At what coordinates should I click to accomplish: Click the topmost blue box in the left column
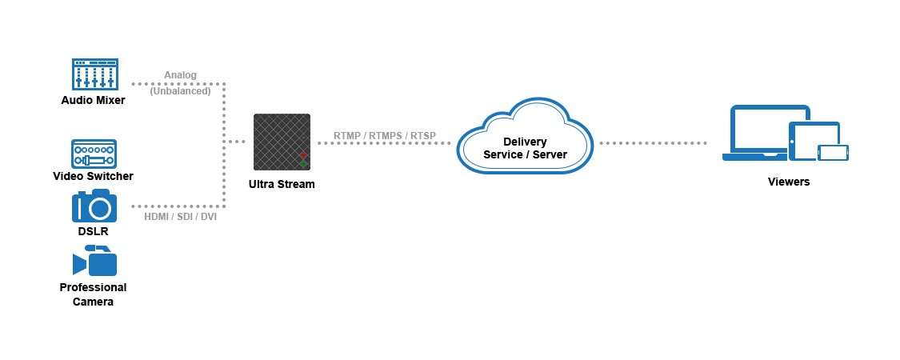(94, 74)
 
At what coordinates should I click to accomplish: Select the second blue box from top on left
(94, 154)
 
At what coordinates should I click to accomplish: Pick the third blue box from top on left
(94, 205)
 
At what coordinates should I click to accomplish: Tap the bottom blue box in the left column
(94, 260)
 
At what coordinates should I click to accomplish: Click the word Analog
(181, 75)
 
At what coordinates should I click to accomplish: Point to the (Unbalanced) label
(180, 91)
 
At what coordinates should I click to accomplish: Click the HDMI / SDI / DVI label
(180, 217)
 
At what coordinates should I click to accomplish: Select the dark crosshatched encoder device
(281, 141)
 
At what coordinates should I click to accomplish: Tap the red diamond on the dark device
(303, 154)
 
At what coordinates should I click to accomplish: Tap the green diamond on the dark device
(303, 164)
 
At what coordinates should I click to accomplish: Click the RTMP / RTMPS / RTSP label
(384, 135)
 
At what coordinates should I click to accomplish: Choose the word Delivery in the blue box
(525, 142)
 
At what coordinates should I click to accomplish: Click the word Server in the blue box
(550, 154)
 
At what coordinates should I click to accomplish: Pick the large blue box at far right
(786, 132)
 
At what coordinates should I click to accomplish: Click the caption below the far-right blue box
(789, 182)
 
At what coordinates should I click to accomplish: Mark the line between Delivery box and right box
(653, 142)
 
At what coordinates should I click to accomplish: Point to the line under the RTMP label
(384, 142)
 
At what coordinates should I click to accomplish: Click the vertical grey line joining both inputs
(225, 145)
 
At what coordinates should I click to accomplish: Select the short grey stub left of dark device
(237, 142)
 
